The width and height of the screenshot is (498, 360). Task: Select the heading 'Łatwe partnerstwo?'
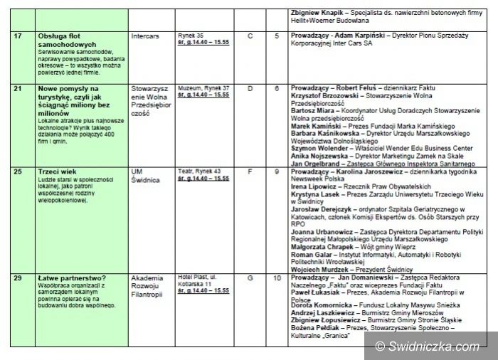tap(71, 277)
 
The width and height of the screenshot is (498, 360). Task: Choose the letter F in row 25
tap(250, 172)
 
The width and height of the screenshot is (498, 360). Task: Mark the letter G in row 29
tap(250, 277)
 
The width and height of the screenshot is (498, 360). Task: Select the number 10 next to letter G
tap(277, 277)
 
